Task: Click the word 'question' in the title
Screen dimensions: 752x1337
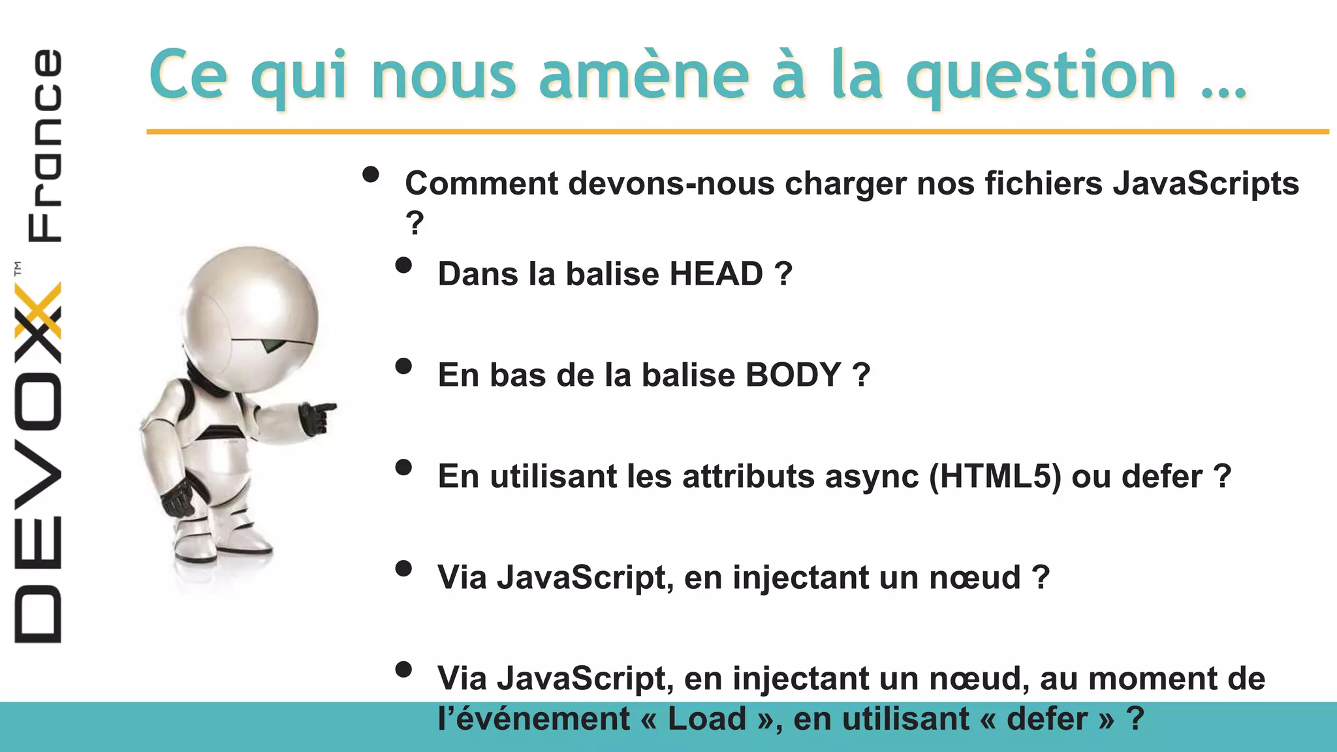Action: tap(1041, 78)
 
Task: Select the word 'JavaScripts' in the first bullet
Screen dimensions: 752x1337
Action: tap(1206, 183)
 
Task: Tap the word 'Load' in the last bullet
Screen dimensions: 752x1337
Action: tap(706, 719)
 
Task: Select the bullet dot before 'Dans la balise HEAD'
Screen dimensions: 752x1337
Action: tap(403, 265)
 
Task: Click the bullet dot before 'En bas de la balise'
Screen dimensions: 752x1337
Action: tap(403, 366)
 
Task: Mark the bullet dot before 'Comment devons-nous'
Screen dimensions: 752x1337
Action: tap(371, 174)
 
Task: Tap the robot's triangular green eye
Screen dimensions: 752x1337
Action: tap(272, 345)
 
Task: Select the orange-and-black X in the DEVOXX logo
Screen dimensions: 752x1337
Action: tap(38, 311)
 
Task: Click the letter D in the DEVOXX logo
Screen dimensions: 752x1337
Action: tap(38, 614)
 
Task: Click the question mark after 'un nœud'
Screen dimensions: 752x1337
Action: tap(1041, 578)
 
